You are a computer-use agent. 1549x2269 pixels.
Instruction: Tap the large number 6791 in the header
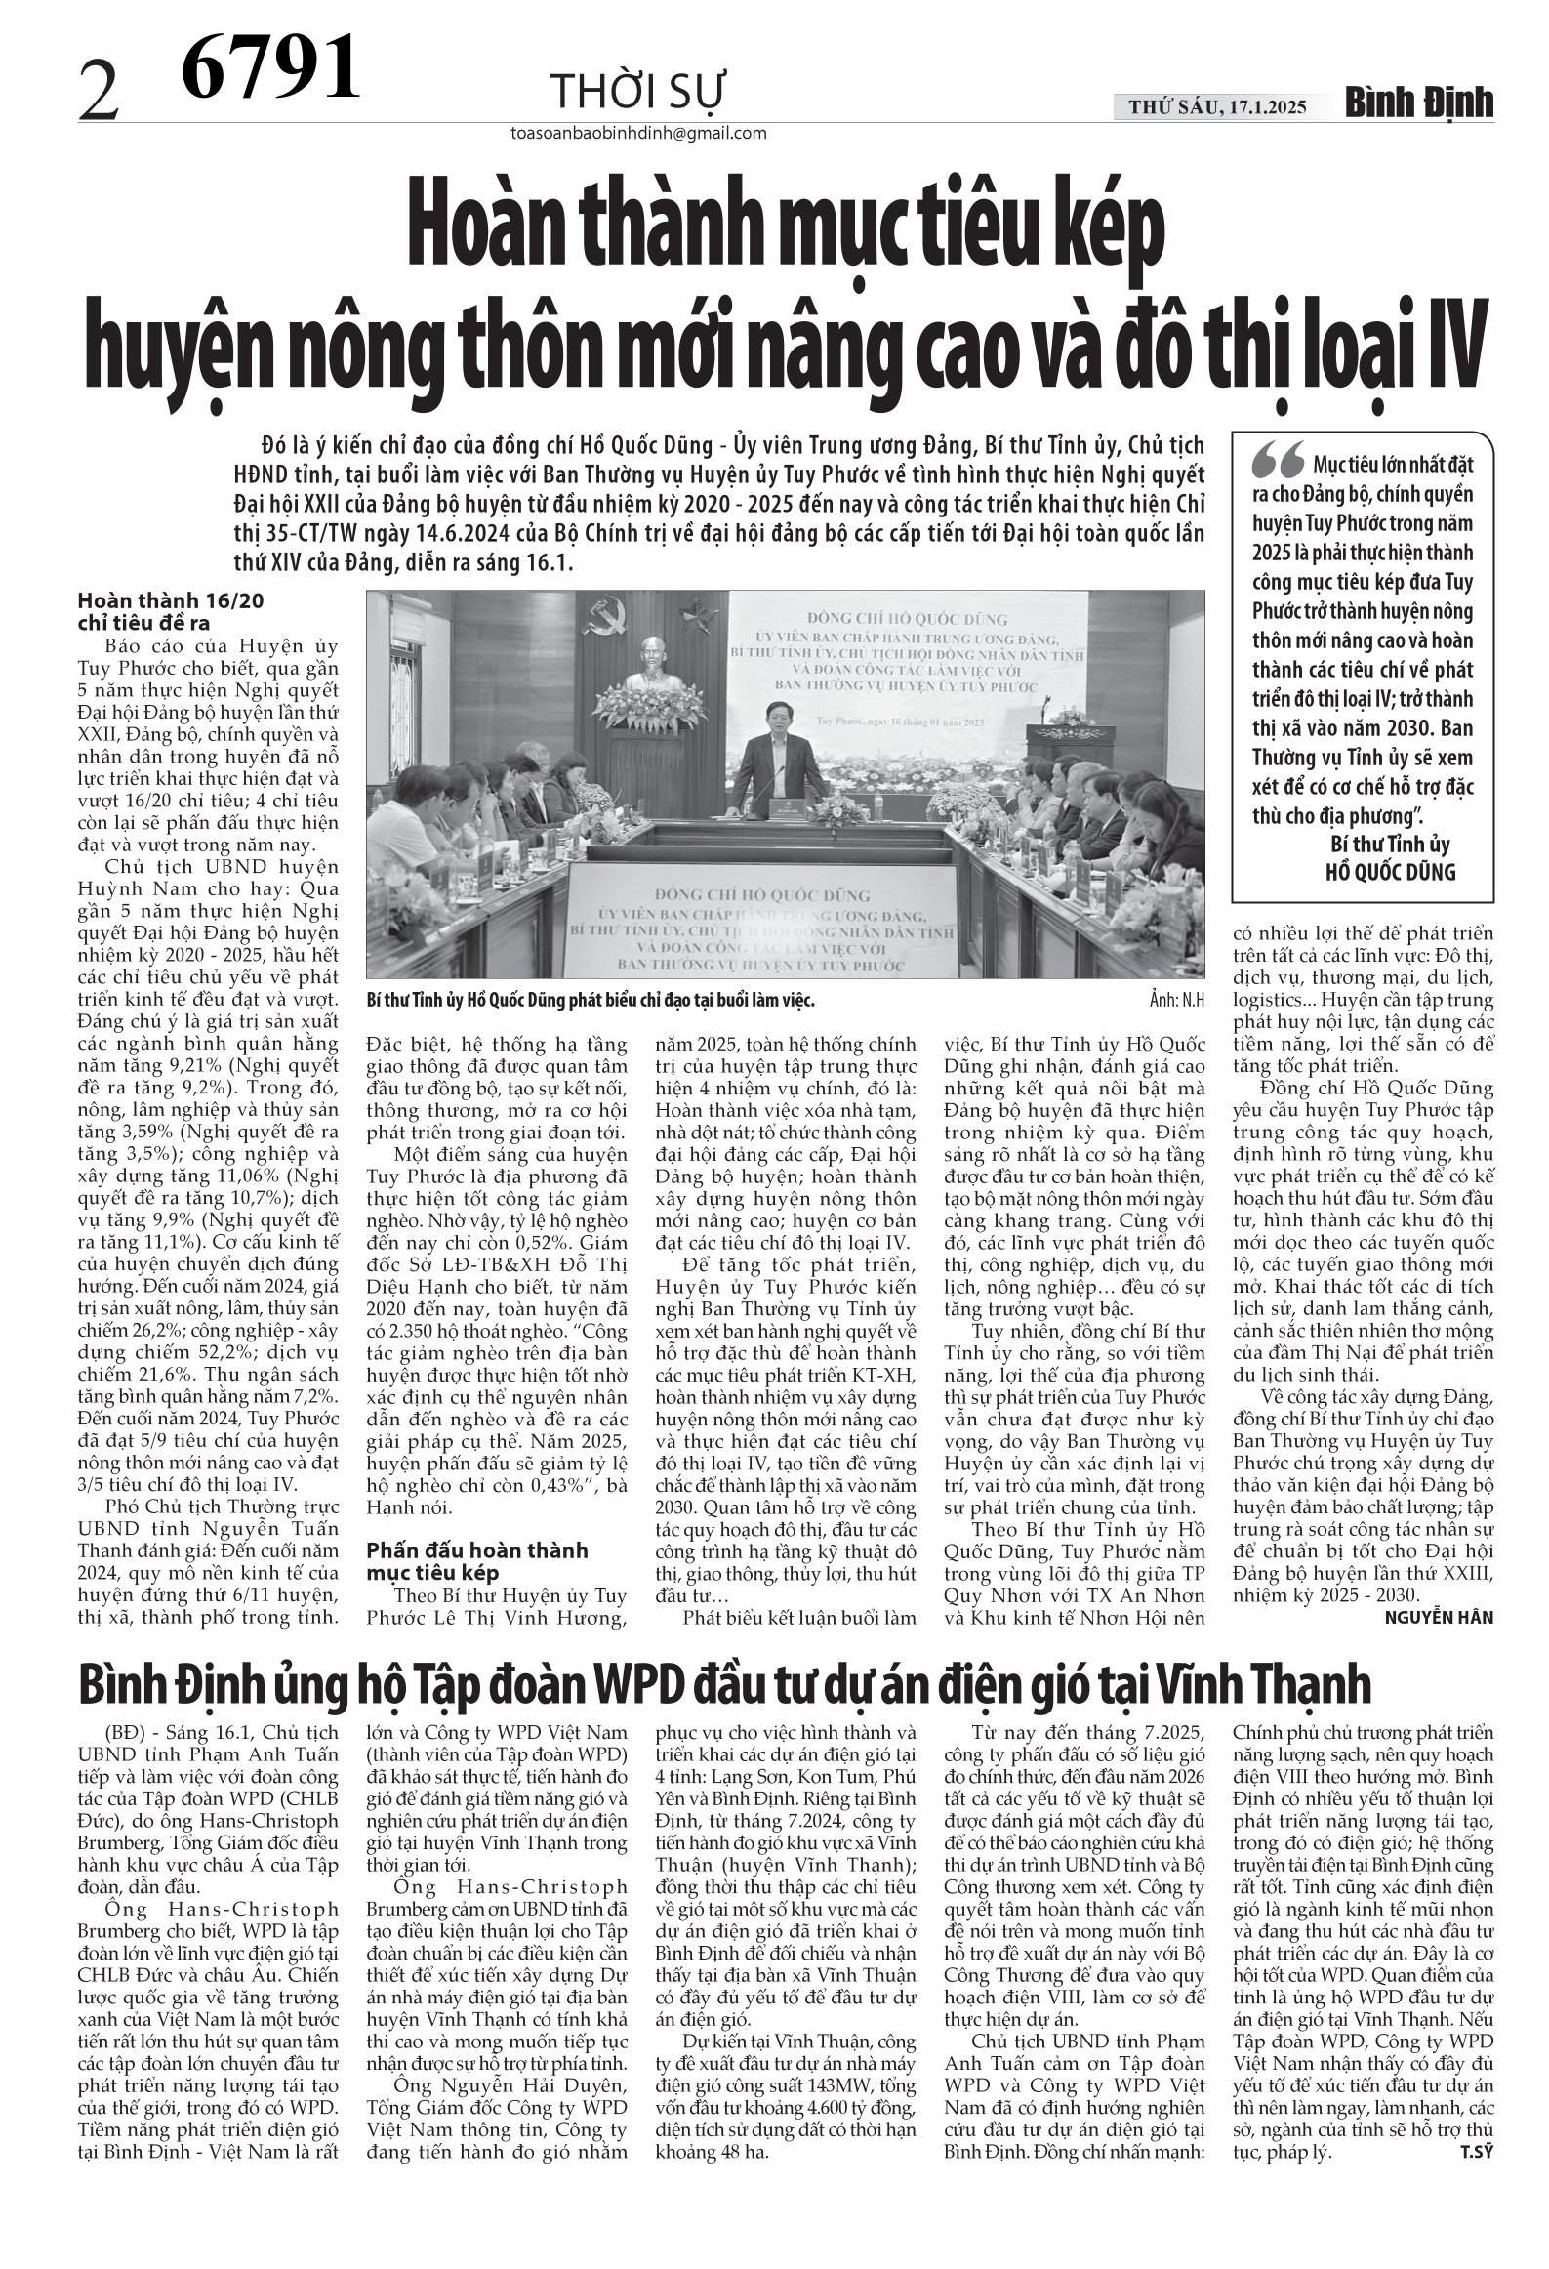click(272, 65)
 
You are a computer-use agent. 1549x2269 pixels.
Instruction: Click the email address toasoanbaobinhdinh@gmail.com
click(637, 134)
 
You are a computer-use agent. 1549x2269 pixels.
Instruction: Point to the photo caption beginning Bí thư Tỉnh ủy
click(590, 1002)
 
